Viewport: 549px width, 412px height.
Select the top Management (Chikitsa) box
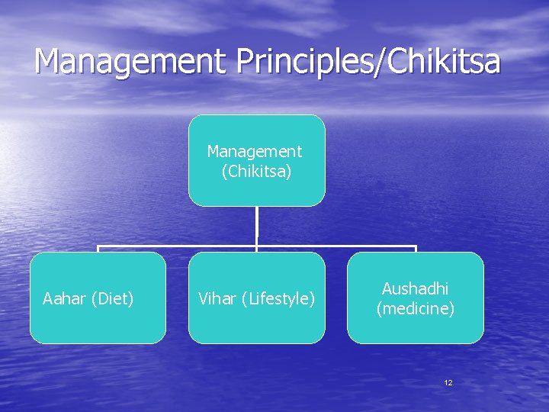click(256, 160)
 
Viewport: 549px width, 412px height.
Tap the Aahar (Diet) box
click(98, 298)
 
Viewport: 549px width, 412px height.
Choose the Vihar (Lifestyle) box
click(256, 298)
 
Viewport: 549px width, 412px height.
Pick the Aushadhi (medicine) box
click(415, 298)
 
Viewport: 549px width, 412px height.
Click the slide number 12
click(448, 382)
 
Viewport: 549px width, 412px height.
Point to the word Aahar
click(65, 298)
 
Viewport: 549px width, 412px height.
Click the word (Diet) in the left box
click(112, 298)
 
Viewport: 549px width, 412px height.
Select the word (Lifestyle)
click(278, 298)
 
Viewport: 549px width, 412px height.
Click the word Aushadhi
click(415, 289)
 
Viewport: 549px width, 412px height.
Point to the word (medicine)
click(415, 308)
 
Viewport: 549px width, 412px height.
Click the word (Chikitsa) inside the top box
click(256, 172)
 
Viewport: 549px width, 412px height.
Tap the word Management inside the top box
click(255, 152)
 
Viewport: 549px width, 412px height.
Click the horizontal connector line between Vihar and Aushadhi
click(335, 246)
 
